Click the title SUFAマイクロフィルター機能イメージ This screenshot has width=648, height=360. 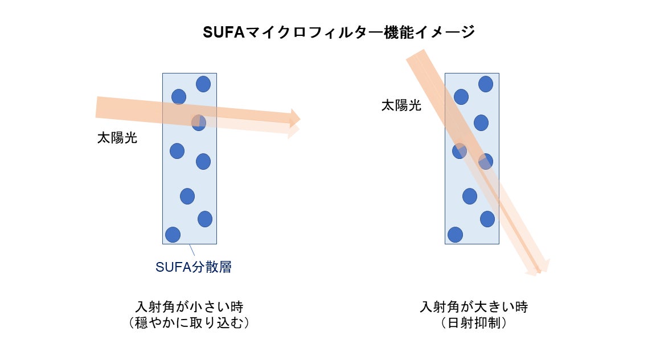coord(339,32)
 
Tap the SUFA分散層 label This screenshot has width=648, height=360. coord(194,267)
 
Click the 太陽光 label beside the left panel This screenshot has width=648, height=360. coord(117,138)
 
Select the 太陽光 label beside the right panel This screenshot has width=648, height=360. coord(401,105)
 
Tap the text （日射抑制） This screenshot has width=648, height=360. coord(474,322)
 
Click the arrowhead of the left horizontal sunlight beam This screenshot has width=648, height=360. coord(295,118)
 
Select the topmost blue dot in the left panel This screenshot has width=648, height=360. coord(203,84)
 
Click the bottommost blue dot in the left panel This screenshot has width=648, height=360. coord(173,235)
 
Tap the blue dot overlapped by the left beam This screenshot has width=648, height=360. coord(198,122)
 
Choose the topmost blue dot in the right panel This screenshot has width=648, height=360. coord(486,84)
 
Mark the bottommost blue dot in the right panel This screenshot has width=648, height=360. coord(455,235)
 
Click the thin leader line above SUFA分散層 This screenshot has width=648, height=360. coord(192,250)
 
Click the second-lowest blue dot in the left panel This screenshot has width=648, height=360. coord(205,219)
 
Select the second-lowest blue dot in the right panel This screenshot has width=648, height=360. coord(487,219)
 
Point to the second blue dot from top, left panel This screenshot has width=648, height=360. coord(179,97)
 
